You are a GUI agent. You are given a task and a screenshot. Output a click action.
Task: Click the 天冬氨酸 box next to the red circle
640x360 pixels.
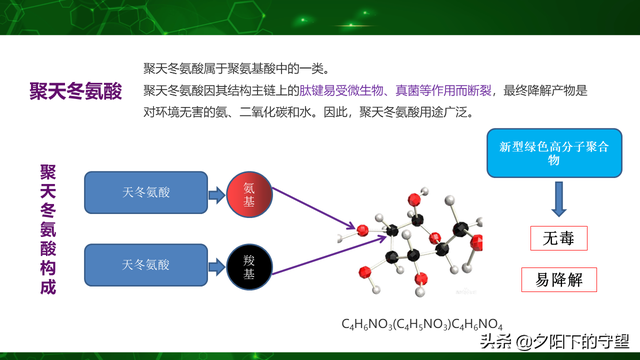(146, 190)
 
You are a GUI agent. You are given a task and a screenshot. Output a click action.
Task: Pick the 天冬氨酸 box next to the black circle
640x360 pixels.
(146, 264)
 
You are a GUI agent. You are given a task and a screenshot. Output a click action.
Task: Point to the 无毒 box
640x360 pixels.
(558, 239)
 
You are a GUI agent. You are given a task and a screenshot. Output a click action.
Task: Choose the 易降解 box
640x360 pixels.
(558, 279)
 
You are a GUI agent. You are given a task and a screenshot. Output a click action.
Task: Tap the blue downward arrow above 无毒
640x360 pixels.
(558, 200)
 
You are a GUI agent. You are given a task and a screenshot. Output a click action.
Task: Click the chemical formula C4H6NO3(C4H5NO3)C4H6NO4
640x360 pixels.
(422, 324)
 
